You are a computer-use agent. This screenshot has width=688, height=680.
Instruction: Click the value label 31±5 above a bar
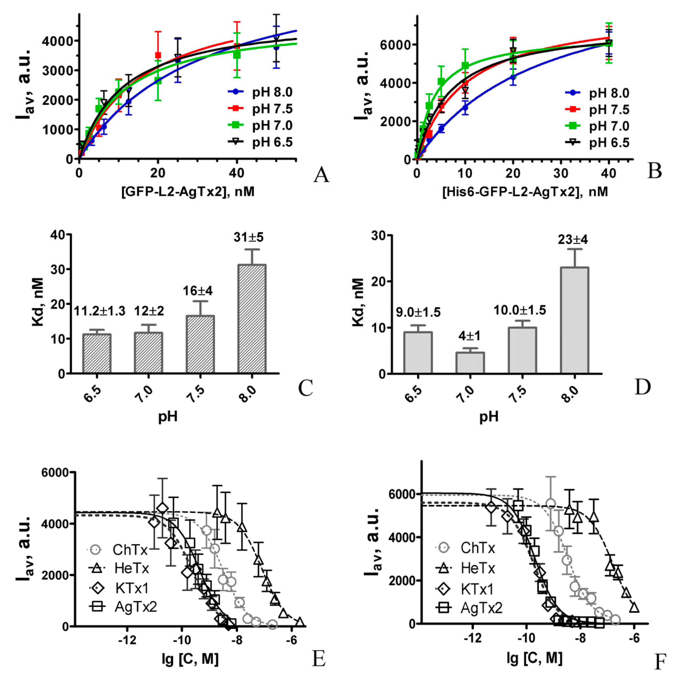[x=248, y=237]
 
